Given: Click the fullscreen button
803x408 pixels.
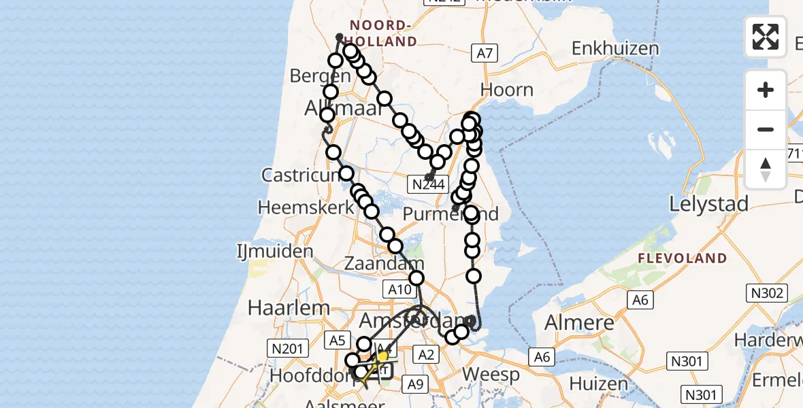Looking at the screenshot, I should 766,36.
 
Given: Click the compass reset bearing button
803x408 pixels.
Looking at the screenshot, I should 766,169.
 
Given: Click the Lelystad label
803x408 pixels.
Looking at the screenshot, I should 709,203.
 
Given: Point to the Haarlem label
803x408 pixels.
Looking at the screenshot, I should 279,307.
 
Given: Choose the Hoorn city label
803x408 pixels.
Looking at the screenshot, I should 507,90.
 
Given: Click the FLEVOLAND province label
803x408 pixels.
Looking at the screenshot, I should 683,258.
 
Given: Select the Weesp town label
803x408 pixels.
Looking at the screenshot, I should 491,374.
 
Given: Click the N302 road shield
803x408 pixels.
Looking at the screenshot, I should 767,294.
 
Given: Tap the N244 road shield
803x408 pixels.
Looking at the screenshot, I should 428,184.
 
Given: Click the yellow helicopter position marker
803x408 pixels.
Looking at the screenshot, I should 382,356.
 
